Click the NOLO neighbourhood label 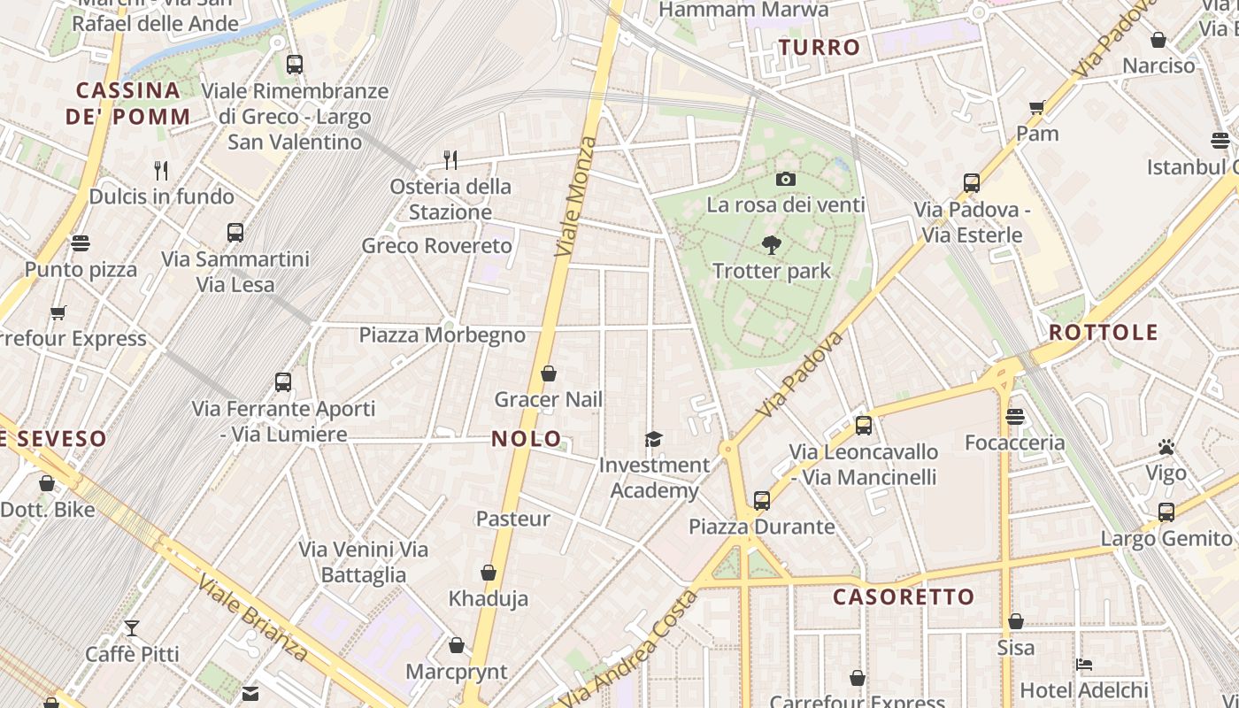(527, 438)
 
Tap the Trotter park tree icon (772, 245)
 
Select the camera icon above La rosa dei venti (785, 179)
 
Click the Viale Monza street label (576, 196)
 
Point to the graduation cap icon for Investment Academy (653, 439)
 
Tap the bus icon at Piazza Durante (762, 500)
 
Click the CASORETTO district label (904, 596)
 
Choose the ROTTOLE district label (1104, 333)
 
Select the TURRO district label (820, 48)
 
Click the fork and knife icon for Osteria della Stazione (450, 159)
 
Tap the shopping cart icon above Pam (1037, 108)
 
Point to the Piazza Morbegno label (442, 335)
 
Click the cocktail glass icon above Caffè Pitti (132, 628)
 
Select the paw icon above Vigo (1166, 447)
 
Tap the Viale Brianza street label (252, 618)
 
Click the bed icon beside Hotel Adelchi (1084, 664)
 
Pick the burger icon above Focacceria (1015, 416)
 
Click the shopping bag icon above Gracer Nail (549, 373)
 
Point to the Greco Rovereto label (437, 245)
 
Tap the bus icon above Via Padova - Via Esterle (972, 183)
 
